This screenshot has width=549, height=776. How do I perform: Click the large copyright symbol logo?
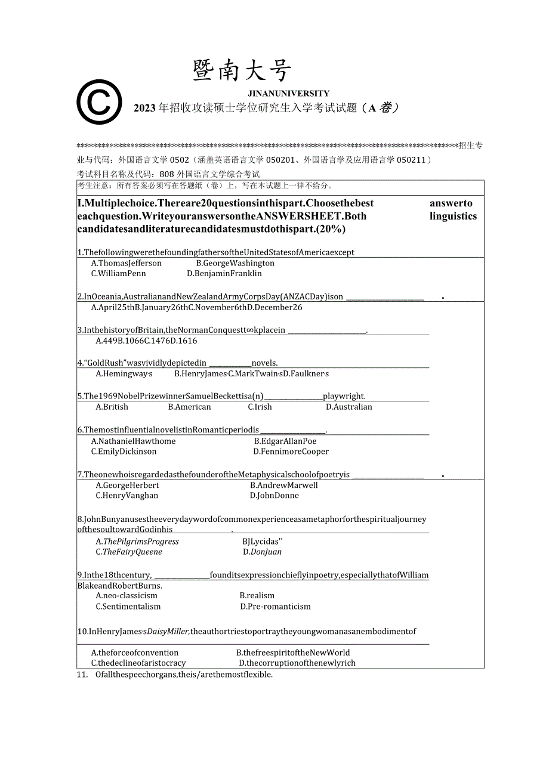pos(99,102)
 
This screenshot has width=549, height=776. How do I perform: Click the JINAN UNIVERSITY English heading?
pos(288,94)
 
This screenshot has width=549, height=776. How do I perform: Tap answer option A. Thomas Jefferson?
pos(127,263)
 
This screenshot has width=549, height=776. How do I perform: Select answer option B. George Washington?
pos(235,263)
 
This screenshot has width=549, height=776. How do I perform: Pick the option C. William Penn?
pos(118,274)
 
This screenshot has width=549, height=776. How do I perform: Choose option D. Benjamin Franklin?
pos(224,274)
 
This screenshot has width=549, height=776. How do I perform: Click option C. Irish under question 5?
pos(260,407)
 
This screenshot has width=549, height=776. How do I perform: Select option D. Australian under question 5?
pos(348,407)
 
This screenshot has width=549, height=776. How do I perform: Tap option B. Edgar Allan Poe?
pos(285,441)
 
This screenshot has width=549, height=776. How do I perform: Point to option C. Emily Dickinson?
pos(124,452)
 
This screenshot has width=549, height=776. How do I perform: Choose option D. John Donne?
pos(274,496)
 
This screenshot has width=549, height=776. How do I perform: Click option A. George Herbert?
pos(127,486)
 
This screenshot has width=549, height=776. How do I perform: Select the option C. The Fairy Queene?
pos(129,552)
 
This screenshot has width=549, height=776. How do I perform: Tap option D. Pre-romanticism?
pos(275,607)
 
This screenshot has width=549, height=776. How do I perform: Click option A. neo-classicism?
pos(127,596)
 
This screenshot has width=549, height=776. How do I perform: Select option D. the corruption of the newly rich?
pos(297,663)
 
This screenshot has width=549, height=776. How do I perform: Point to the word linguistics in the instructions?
pos(453,217)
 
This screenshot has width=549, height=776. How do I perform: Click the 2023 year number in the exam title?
pos(144,108)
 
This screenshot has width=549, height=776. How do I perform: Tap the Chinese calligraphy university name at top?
pos(242,72)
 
